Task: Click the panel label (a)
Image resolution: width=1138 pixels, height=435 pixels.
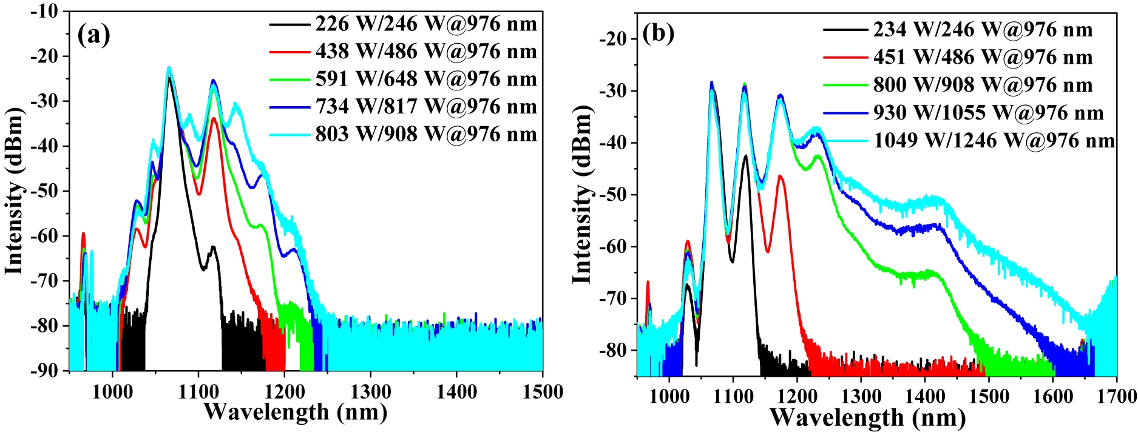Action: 94,35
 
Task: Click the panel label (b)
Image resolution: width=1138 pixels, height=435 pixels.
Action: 659,33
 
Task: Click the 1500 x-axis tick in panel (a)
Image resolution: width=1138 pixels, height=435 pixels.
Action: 542,392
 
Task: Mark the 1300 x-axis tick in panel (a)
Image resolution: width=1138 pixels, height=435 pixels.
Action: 370,392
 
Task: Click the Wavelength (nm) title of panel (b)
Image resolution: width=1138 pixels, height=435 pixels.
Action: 867,419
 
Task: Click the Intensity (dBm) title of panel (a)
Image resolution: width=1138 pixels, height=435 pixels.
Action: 15,191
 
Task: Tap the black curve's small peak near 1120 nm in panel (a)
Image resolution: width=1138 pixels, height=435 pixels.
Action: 213,247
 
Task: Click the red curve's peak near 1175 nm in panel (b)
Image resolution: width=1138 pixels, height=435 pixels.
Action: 780,177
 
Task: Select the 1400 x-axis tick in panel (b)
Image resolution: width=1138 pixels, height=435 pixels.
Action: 925,397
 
